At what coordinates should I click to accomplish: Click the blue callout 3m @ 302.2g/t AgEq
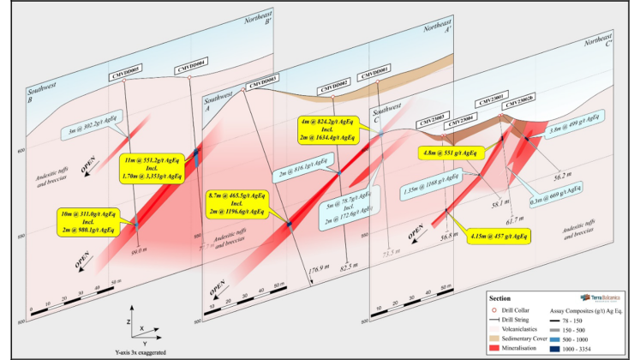(97, 132)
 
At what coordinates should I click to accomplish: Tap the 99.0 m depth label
(140, 252)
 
